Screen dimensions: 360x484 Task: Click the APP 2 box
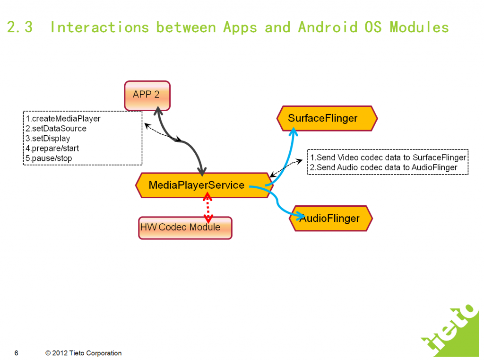(x=147, y=95)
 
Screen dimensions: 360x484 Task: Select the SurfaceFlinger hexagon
(x=327, y=118)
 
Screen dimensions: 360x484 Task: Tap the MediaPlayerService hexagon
(x=196, y=185)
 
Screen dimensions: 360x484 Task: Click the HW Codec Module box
(x=185, y=228)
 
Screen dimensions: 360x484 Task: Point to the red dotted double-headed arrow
(x=207, y=207)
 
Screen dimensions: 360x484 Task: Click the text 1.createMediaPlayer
(x=63, y=118)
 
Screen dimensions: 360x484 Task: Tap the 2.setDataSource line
(x=56, y=128)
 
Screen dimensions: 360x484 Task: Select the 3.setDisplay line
(x=48, y=139)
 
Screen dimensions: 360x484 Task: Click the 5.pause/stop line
(x=49, y=158)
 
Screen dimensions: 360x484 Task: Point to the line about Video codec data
(x=388, y=158)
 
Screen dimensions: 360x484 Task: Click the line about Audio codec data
(x=383, y=167)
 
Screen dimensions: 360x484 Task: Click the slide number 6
(x=17, y=353)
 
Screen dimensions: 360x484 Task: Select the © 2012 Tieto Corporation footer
(x=84, y=353)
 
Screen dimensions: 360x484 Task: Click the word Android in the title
(x=327, y=27)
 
